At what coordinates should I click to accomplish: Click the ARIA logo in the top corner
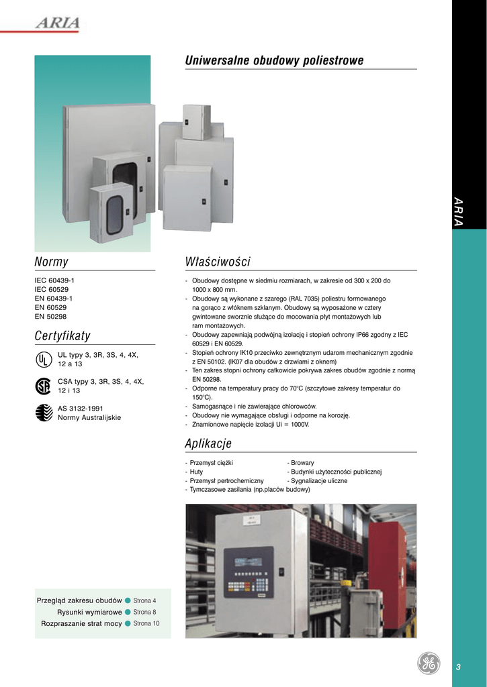coord(58,23)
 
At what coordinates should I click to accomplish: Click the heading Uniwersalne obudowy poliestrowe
coord(274,61)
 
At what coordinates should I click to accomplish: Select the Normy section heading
coord(51,262)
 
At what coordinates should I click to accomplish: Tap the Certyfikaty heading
coord(62,335)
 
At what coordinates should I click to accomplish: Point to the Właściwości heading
coord(218,262)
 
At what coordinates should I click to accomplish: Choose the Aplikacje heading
coord(208,443)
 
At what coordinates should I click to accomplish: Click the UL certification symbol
coord(43,359)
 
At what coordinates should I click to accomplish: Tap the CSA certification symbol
coord(43,386)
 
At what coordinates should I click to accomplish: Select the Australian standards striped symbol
coord(43,412)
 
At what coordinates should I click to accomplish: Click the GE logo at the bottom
coord(428,663)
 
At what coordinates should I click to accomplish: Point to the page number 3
coord(458,667)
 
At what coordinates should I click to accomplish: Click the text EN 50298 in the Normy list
coord(51,317)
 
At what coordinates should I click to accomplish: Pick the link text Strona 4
coord(144,600)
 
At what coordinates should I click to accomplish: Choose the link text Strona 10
coord(146,623)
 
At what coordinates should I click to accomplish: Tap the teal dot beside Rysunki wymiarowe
coord(128,612)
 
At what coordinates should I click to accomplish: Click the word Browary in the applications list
coord(302,463)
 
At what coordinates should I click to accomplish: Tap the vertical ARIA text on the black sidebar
coord(459,212)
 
